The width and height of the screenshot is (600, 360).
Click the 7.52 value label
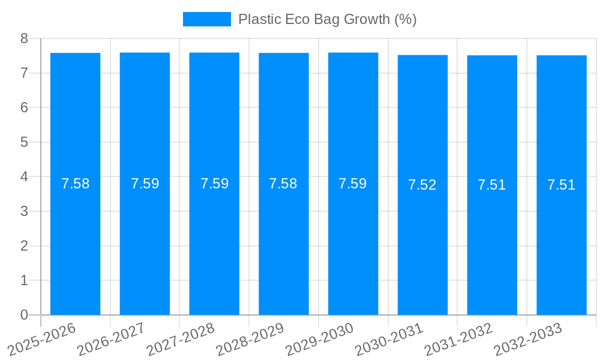pos(422,185)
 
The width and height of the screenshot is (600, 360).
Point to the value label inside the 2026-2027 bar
pos(145,184)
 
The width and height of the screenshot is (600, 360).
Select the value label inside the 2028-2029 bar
pos(283,184)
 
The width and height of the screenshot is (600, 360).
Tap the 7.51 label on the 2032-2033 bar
pos(561,185)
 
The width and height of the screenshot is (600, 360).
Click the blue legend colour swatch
pos(206,19)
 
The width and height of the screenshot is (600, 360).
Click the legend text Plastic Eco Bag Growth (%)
pos(327,19)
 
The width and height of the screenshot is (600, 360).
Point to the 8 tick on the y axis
pos(24,38)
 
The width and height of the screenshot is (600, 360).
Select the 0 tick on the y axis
pos(24,315)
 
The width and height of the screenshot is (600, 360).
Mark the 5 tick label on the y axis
pos(24,142)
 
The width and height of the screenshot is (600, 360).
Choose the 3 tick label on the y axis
pos(24,211)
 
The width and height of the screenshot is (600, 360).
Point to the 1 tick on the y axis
pos(24,280)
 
